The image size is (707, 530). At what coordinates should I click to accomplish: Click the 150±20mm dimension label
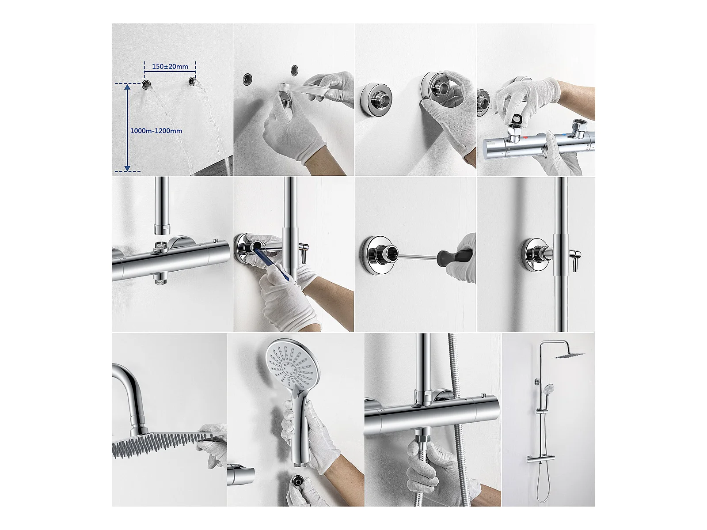(170, 67)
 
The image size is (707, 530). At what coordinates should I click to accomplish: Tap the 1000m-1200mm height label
(156, 131)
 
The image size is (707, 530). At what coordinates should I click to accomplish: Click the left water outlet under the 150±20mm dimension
(146, 84)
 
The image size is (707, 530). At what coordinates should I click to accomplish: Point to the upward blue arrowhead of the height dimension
(127, 87)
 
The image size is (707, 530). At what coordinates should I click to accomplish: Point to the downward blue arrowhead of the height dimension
(127, 168)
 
